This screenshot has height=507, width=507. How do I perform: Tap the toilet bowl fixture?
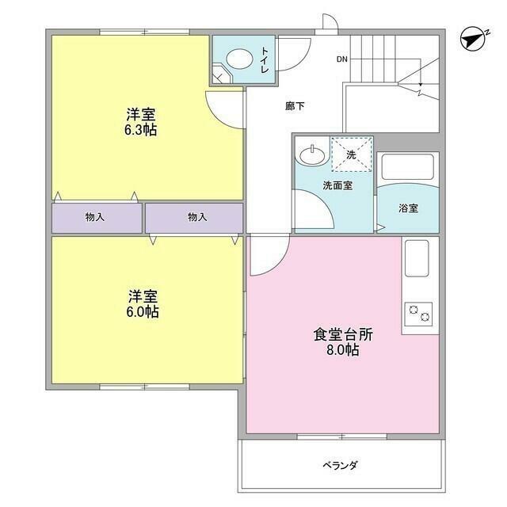[236, 59]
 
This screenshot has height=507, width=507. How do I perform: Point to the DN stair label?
[341, 59]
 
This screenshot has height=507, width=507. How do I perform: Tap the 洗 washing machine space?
[350, 154]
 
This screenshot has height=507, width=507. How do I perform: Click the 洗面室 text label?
[337, 185]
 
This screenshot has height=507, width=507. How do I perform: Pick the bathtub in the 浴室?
[408, 168]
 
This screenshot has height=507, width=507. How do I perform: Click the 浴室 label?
[408, 208]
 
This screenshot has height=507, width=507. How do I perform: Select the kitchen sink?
[417, 258]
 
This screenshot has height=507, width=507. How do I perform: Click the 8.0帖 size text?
[342, 349]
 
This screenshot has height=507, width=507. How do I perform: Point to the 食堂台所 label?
[342, 334]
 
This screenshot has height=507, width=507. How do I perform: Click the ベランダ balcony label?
[340, 465]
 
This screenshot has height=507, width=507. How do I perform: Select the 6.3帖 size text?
[139, 129]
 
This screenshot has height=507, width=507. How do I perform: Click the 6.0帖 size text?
[143, 312]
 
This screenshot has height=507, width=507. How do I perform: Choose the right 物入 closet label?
[198, 217]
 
